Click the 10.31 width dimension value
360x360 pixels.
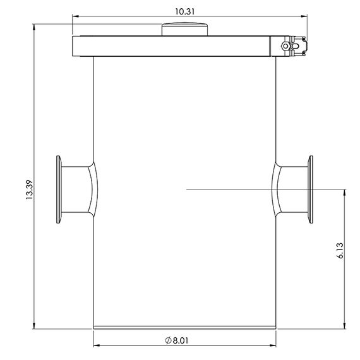[185, 11]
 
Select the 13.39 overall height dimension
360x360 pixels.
[30, 190]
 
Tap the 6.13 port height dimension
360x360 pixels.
[340, 251]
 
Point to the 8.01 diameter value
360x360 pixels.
[181, 340]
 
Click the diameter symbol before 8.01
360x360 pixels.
[168, 340]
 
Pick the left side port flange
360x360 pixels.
[59, 189]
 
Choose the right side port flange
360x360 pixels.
[310, 189]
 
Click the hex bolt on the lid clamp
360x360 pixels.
[285, 46]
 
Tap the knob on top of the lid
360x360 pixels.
[184, 29]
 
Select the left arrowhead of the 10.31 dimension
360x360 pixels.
[75, 16]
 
